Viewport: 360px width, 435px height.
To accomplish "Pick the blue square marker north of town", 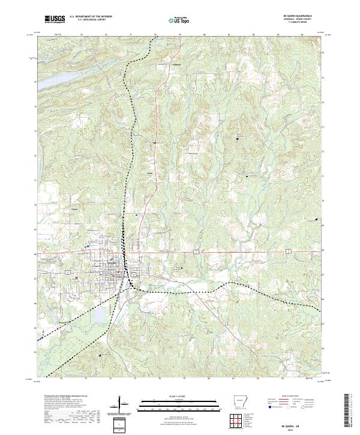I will pos(137,214).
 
